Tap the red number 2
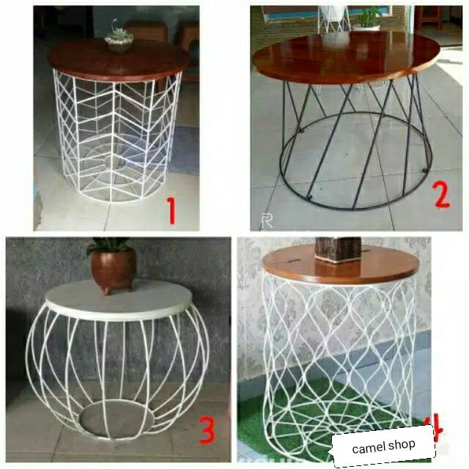coord(440,195)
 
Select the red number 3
coord(208,431)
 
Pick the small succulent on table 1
coord(118,37)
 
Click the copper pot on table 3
coord(113,268)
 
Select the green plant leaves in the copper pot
coord(110,245)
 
